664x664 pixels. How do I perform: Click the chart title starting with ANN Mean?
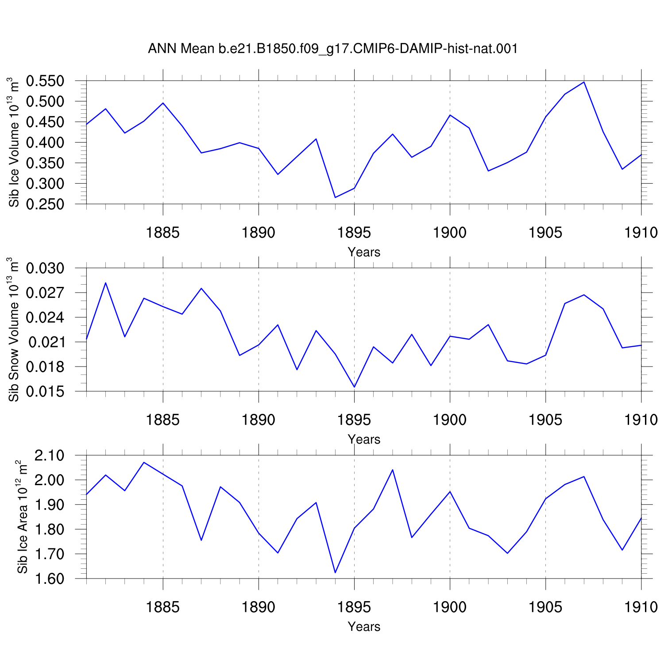pyautogui.click(x=333, y=49)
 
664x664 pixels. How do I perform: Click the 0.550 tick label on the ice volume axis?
pyautogui.click(x=46, y=81)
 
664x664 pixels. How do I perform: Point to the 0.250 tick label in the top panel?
pyautogui.click(x=46, y=204)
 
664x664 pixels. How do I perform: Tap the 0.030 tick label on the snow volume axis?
pyautogui.click(x=46, y=268)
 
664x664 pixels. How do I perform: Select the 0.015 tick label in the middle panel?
pyautogui.click(x=46, y=392)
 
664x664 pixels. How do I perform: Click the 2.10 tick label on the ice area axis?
pyautogui.click(x=49, y=456)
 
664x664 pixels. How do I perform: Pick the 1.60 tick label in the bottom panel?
pyautogui.click(x=49, y=579)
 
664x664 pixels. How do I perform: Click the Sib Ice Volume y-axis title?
pyautogui.click(x=13, y=142)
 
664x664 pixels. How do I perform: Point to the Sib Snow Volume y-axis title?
pyautogui.click(x=13, y=329)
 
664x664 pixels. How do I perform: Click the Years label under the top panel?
pyautogui.click(x=364, y=252)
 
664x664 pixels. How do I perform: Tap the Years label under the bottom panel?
pyautogui.click(x=364, y=627)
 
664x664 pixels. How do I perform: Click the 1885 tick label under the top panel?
pyautogui.click(x=163, y=233)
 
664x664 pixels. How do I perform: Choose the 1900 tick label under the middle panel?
pyautogui.click(x=450, y=420)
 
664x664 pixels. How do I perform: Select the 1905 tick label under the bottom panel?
pyautogui.click(x=545, y=607)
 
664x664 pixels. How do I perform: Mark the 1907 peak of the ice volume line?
pyautogui.click(x=584, y=82)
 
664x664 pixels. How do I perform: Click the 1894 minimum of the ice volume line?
pyautogui.click(x=335, y=197)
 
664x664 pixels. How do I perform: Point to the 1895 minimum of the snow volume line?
pyautogui.click(x=354, y=387)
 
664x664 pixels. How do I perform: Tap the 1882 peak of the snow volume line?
pyautogui.click(x=105, y=282)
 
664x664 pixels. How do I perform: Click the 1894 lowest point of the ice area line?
pyautogui.click(x=335, y=573)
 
